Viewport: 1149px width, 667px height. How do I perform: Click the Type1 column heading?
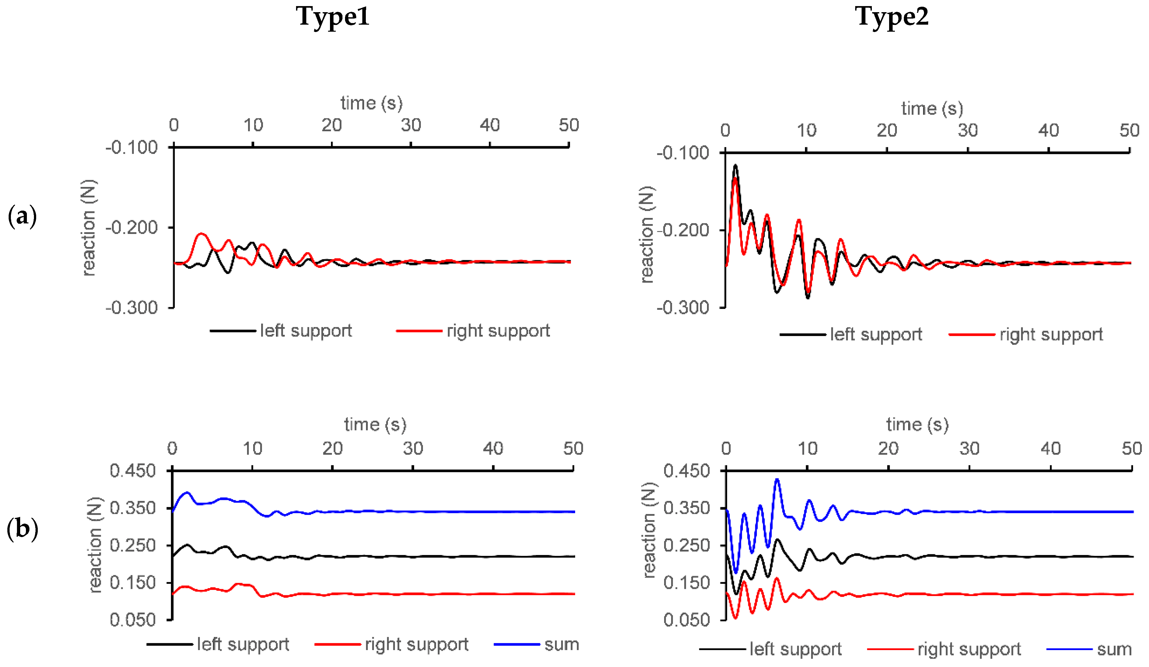333,17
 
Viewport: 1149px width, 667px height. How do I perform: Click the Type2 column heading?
891,17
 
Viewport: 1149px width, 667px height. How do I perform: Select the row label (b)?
22,529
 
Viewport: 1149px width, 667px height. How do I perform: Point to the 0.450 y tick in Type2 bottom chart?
687,470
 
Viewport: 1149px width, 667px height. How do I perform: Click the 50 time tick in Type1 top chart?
568,125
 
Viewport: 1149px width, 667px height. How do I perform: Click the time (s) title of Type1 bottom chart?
375,424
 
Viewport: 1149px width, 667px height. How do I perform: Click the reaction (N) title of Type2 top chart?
647,235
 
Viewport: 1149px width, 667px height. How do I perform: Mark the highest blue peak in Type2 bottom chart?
777,480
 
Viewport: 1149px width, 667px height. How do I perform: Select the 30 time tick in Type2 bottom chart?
969,449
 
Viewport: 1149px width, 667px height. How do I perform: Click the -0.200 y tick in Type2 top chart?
683,230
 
